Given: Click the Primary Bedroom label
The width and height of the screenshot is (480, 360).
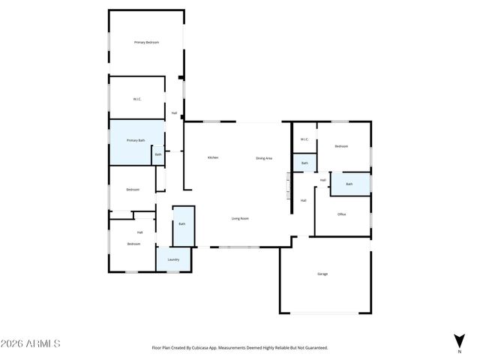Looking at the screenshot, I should (x=146, y=42).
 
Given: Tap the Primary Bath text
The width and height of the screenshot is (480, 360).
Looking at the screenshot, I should (x=136, y=140).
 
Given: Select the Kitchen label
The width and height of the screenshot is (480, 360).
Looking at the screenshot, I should (x=213, y=157).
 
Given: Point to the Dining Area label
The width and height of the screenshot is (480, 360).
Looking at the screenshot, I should (x=264, y=157).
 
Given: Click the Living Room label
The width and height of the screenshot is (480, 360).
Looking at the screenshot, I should (x=240, y=218).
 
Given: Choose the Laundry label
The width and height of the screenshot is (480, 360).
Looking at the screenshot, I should (x=173, y=259).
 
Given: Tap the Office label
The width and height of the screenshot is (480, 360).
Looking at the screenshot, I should (x=341, y=214).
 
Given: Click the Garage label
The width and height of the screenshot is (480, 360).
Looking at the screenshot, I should (x=322, y=274).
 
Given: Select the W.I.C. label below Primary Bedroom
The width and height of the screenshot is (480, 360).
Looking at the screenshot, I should (x=138, y=98).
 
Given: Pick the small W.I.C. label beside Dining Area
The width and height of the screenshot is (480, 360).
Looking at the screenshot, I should (x=304, y=139).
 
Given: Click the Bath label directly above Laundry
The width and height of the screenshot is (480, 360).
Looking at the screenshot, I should (x=182, y=223).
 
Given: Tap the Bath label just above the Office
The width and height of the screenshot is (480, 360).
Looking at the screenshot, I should (x=349, y=184).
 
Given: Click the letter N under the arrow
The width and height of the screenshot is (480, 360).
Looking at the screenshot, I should (x=459, y=351).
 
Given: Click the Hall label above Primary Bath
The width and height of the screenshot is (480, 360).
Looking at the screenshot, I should (x=174, y=113).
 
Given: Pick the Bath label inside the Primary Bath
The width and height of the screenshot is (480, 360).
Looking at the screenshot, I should (x=157, y=154).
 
